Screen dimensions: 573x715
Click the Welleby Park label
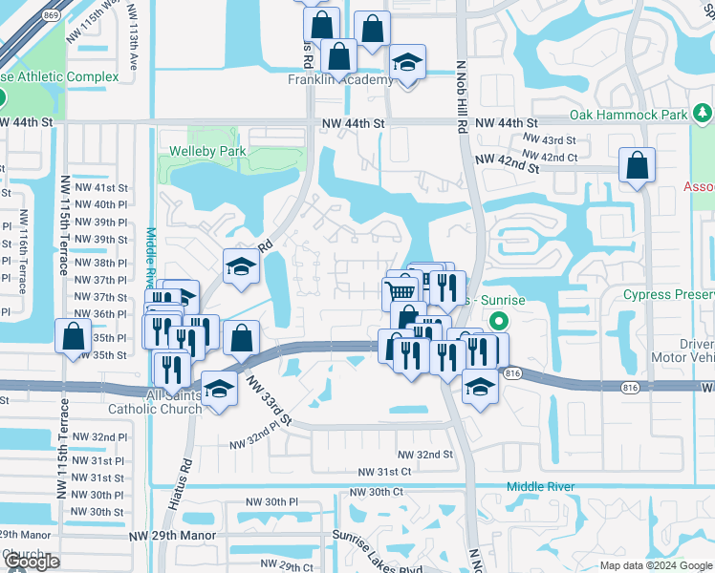click(207, 151)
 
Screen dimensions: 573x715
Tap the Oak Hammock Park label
click(628, 115)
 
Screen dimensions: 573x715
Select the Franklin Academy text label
click(340, 80)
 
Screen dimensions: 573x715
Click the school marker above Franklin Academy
click(407, 64)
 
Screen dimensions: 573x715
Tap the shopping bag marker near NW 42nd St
click(636, 166)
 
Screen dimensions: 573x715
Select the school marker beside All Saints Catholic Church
click(220, 390)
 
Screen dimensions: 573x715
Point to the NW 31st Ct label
click(384, 472)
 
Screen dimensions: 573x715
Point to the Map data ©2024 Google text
click(655, 565)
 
